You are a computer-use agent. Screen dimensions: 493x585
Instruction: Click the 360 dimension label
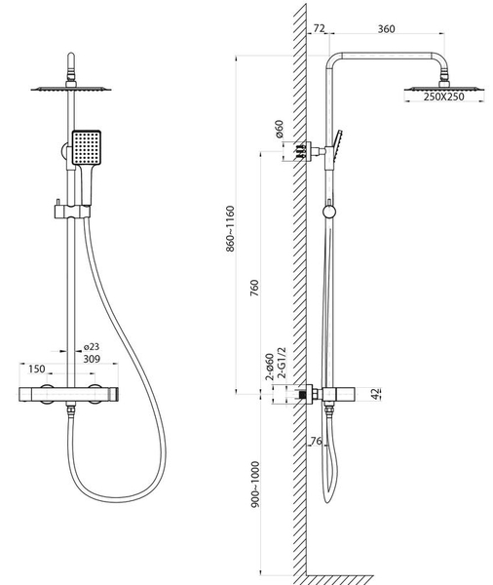386,28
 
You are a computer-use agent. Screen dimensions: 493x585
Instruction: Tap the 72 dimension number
319,28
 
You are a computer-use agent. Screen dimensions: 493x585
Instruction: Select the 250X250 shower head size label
443,97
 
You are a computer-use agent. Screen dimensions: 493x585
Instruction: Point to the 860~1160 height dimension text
231,229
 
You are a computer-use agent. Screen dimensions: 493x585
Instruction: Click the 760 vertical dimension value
254,288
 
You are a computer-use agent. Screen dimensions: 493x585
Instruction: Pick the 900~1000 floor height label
255,485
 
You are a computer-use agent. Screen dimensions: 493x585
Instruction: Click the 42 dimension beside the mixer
376,394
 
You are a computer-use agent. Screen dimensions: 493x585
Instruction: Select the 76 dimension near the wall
316,441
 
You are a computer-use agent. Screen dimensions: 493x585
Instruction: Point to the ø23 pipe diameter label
92,347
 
